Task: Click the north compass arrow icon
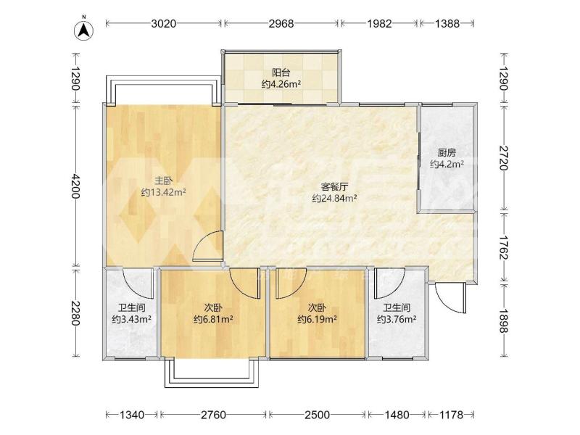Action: (x=84, y=29)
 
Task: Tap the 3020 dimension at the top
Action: (x=164, y=24)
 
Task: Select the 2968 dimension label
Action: (x=281, y=24)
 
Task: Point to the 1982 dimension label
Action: (x=379, y=24)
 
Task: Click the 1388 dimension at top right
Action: (x=447, y=24)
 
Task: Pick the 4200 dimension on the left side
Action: (x=75, y=186)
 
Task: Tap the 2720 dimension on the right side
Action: (x=503, y=158)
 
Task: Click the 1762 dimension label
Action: (x=503, y=248)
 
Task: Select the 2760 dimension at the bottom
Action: (x=213, y=415)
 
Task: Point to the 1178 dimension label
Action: (x=451, y=415)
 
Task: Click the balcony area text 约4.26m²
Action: (x=281, y=84)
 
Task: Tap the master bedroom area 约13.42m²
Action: (x=163, y=192)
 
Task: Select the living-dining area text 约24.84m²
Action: (x=334, y=198)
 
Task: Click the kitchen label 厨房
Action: (x=447, y=152)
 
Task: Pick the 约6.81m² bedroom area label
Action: (x=213, y=319)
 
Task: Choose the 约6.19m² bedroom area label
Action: (x=317, y=319)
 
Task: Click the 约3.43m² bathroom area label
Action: (x=131, y=319)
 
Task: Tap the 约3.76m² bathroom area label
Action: (x=397, y=319)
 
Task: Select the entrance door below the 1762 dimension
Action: (x=449, y=298)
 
